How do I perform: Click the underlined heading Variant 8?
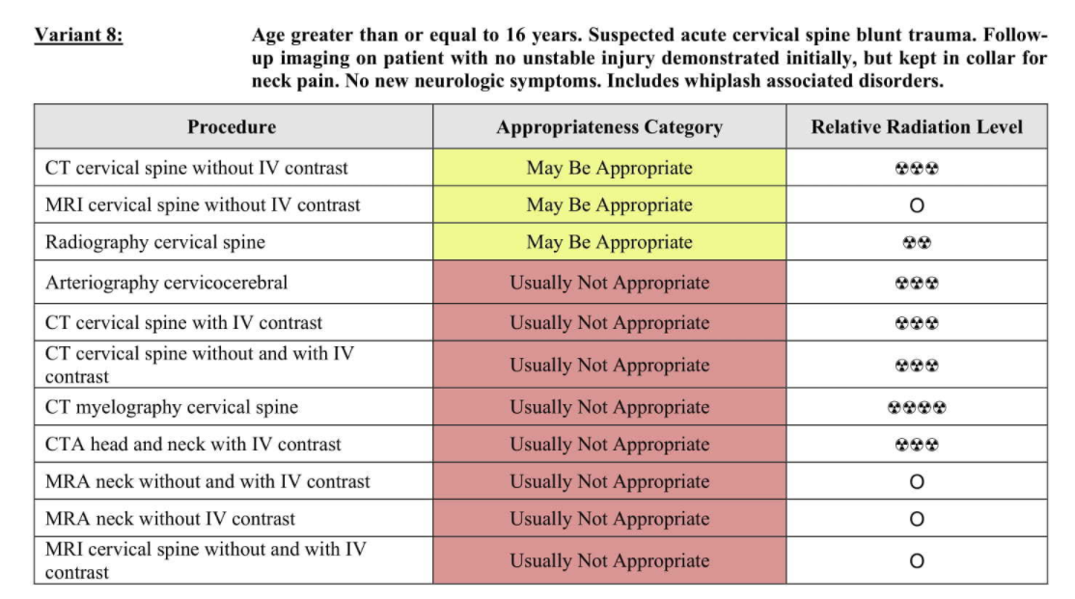point(79,35)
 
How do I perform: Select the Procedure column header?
point(232,126)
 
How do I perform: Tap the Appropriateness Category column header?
point(610,126)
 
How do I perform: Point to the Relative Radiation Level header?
point(917,126)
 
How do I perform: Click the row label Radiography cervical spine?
point(155,242)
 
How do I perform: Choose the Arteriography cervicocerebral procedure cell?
point(167,283)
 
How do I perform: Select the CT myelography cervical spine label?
point(172,407)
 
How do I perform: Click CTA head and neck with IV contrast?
point(193,444)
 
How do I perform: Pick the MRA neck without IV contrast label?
point(170,519)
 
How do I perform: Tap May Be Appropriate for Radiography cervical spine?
point(610,242)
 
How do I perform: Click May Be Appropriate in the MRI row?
point(610,204)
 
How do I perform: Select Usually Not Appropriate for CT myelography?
point(610,407)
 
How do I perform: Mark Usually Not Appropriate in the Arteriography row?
point(610,283)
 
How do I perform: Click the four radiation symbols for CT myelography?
point(917,408)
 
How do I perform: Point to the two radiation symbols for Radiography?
point(917,243)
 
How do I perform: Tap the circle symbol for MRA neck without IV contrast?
point(917,519)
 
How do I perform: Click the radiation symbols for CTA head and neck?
point(917,445)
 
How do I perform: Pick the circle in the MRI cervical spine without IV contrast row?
point(917,204)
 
